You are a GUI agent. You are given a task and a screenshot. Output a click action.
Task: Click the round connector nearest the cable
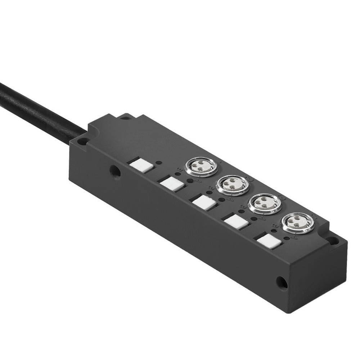201,167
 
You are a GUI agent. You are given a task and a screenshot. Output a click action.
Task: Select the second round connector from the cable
232,185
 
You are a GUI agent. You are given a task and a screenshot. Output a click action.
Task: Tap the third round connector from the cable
265,204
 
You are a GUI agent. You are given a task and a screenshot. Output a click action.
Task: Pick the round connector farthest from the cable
297,223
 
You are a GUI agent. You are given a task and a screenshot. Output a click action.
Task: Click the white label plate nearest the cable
141,165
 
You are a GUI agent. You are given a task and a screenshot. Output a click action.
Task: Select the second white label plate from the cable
172,183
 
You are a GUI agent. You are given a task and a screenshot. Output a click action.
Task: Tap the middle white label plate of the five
204,202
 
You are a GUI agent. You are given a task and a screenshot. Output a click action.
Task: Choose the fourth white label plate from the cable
236,222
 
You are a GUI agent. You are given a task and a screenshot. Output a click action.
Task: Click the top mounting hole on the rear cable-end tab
126,117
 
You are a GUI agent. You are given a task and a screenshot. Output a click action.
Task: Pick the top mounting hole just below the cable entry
82,141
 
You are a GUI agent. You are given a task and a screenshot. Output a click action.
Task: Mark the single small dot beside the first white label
159,163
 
